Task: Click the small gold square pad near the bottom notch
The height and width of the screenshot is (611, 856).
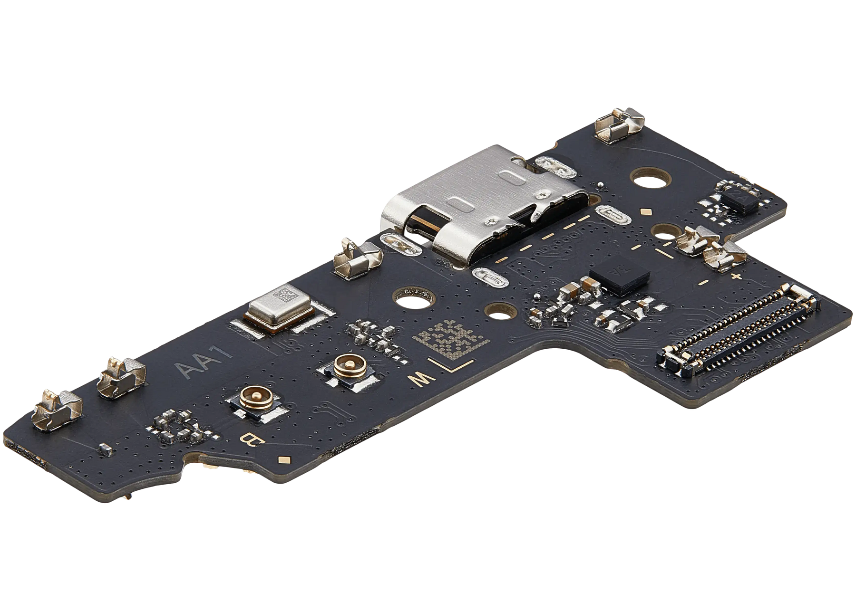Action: pyautogui.click(x=284, y=459)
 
